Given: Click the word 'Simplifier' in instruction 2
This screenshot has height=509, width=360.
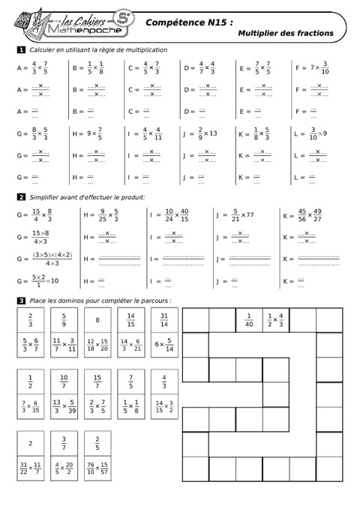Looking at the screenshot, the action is pyautogui.click(x=46, y=197).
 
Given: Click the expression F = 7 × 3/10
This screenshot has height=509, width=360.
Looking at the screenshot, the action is pyautogui.click(x=312, y=67).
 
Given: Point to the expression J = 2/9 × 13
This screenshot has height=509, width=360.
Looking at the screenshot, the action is pyautogui.click(x=200, y=138).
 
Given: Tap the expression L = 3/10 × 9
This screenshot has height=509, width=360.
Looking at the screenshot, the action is pyautogui.click(x=312, y=138).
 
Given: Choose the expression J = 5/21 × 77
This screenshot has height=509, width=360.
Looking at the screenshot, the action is pyautogui.click(x=238, y=215).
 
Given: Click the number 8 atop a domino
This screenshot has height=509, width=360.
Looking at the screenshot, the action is pyautogui.click(x=97, y=320).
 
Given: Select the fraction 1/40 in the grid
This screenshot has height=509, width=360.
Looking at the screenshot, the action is pyautogui.click(x=249, y=320).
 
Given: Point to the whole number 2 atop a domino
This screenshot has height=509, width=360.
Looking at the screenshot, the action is pyautogui.click(x=30, y=443).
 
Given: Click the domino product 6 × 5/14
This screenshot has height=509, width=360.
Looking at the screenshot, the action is pyautogui.click(x=164, y=346).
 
